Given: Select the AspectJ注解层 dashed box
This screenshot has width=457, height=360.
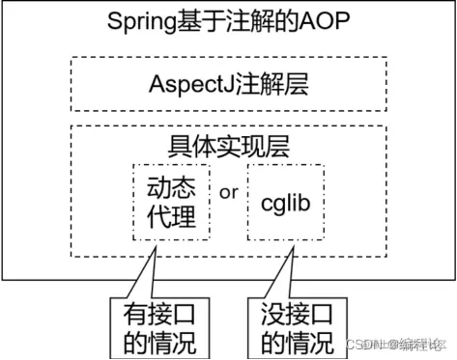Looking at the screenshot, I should pos(228,84).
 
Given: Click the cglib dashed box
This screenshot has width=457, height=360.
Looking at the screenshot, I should pos(287,202).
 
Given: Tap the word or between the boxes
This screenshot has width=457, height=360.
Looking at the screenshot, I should pos(229,191).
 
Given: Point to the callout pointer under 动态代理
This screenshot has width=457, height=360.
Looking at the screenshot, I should pos(143,275).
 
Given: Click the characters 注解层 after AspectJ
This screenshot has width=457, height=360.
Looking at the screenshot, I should pos(260,84).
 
